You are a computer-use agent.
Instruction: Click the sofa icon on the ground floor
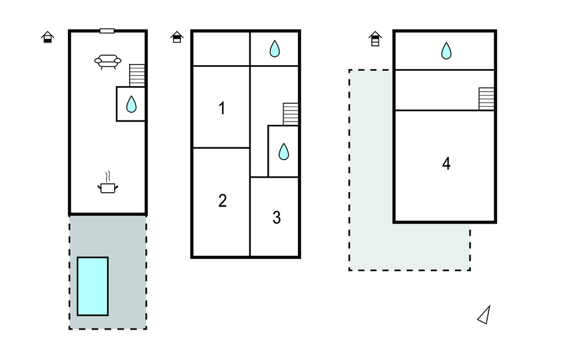pos(108,62)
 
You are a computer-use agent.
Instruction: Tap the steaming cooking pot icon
pos(108,188)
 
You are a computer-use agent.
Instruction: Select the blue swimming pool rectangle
pos(92,286)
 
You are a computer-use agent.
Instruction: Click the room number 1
pos(222,108)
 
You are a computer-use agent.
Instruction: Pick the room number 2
pos(222,200)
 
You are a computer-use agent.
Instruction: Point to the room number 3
pos(276,218)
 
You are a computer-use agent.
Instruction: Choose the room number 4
pos(446,163)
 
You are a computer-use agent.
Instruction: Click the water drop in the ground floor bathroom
pos(131,104)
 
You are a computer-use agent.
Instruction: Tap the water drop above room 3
pos(284,151)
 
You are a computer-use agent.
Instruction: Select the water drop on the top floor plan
pos(446,51)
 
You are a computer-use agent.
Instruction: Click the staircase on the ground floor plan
pos(137,75)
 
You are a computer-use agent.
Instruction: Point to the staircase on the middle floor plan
pos(291,114)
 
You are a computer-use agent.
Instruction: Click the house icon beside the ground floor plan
pos(48,37)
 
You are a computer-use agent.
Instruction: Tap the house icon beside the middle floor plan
pos(177,37)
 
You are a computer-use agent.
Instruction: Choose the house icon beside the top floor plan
pos(375,39)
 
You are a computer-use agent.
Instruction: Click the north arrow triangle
pos(484,315)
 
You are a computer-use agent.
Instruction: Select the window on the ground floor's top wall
pos(107,31)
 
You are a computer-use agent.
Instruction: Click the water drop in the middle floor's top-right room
pos(275,49)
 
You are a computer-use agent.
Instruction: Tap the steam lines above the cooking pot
pos(109,176)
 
